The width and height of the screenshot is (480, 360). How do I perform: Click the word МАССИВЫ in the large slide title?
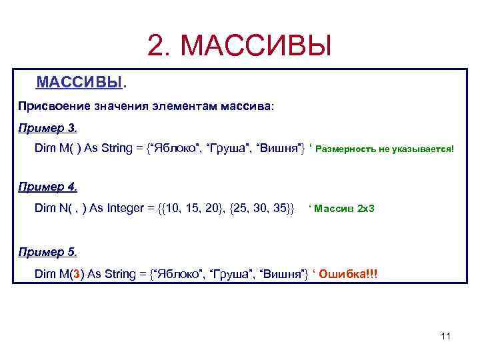coord(256,46)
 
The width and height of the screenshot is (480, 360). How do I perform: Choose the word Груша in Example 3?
coord(230,148)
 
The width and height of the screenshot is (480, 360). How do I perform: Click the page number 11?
coord(446,335)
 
